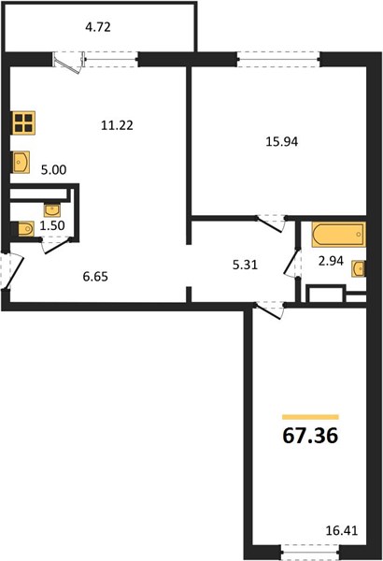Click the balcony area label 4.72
(98, 27)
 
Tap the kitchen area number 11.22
(117, 125)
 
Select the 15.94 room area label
(282, 142)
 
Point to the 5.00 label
(53, 170)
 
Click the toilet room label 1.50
(52, 225)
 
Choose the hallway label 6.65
(95, 277)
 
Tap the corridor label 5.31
(245, 266)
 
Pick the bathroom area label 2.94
(331, 261)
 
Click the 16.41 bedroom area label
(342, 530)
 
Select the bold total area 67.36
(310, 436)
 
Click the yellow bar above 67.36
(310, 417)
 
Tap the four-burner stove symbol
(23, 122)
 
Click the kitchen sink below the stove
(21, 162)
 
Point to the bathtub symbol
(339, 235)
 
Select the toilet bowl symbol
(25, 229)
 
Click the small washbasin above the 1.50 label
(52, 210)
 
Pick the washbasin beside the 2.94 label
(359, 268)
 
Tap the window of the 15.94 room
(278, 60)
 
